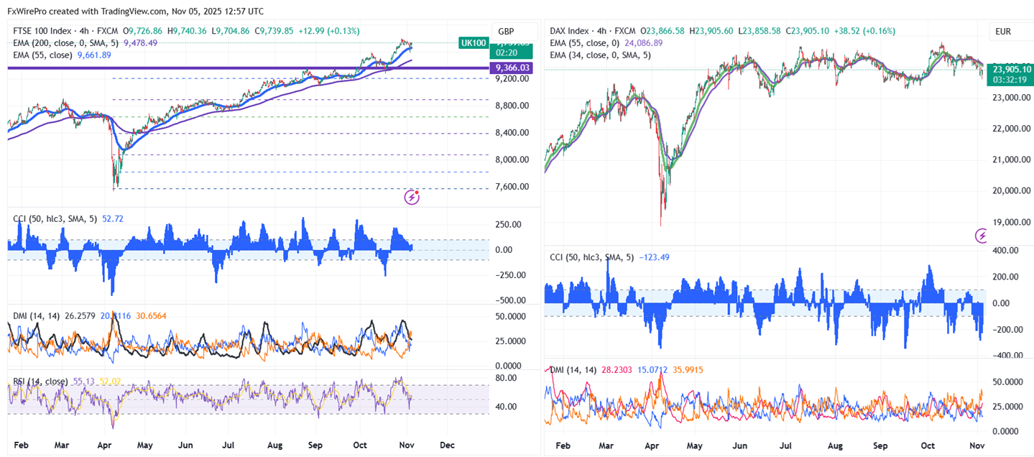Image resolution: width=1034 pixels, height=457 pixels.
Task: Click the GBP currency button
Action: click(x=506, y=32)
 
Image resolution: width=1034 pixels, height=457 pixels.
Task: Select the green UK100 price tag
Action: click(x=474, y=43)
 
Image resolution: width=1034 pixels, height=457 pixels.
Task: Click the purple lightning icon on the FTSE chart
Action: click(x=412, y=197)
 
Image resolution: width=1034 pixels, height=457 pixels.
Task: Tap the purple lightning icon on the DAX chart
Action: click(x=982, y=235)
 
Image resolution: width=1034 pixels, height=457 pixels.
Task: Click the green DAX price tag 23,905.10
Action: click(x=1012, y=69)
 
